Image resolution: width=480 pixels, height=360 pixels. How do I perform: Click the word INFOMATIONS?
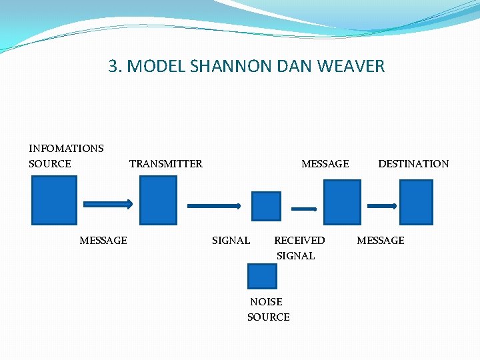pyautogui.click(x=66, y=148)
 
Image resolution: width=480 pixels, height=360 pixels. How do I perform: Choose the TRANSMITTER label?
pyautogui.click(x=165, y=163)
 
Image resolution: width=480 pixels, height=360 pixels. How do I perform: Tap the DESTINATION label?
pyautogui.click(x=413, y=163)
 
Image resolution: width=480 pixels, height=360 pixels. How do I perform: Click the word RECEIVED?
pyautogui.click(x=299, y=240)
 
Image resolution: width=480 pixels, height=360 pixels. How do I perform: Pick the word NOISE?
pyautogui.click(x=266, y=301)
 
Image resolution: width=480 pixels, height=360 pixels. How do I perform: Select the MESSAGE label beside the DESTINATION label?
pyautogui.click(x=325, y=163)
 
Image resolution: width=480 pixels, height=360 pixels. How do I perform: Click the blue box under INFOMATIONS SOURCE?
pyautogui.click(x=55, y=200)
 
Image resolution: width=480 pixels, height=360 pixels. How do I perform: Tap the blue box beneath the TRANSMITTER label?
pyautogui.click(x=159, y=200)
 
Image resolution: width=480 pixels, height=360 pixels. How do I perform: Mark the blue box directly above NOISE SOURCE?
pyautogui.click(x=262, y=276)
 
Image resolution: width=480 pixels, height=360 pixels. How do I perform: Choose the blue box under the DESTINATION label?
pyautogui.click(x=416, y=202)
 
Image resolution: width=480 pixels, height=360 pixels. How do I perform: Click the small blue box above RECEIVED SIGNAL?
pyautogui.click(x=266, y=206)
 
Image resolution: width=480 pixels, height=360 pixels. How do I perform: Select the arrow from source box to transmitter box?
pyautogui.click(x=108, y=204)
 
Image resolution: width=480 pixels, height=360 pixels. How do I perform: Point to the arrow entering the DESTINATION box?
pyautogui.click(x=384, y=206)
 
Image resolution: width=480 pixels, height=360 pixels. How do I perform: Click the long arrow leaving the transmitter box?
pyautogui.click(x=214, y=206)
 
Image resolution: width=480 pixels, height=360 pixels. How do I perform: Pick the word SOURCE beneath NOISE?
pyautogui.click(x=268, y=317)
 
